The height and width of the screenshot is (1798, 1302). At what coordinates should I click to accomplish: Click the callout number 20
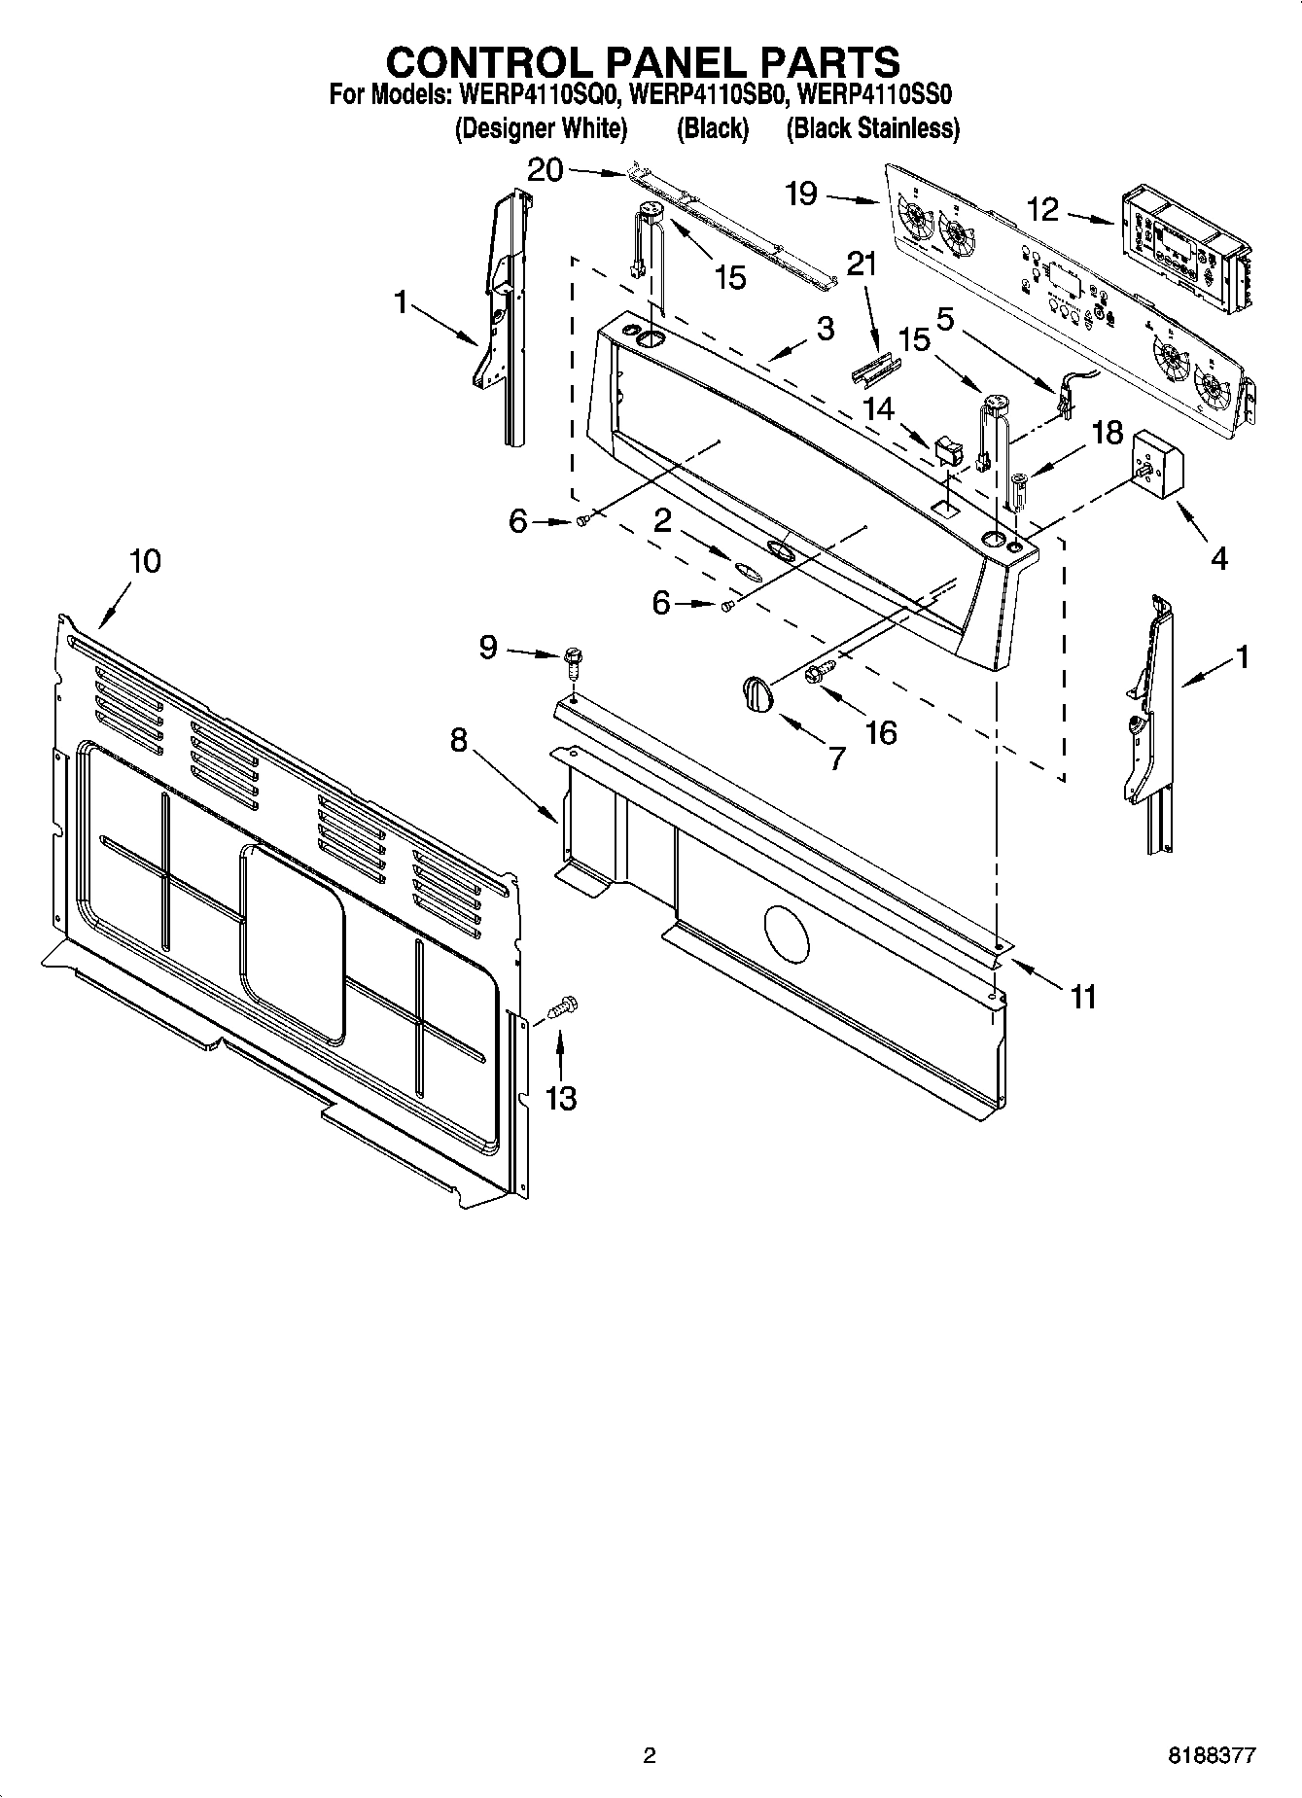(x=545, y=170)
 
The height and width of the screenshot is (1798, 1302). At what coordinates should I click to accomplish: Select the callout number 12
(x=1042, y=209)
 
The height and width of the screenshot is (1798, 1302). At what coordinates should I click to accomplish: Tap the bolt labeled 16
(x=821, y=671)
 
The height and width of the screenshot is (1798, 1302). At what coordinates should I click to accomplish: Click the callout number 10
(x=145, y=562)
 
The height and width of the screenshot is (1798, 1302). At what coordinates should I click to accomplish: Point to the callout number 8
(x=458, y=740)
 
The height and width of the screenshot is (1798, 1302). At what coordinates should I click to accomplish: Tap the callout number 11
(x=1082, y=996)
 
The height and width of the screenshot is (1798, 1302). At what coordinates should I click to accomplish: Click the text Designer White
(x=542, y=128)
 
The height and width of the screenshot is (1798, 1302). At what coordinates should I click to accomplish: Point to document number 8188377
(x=1213, y=1755)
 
